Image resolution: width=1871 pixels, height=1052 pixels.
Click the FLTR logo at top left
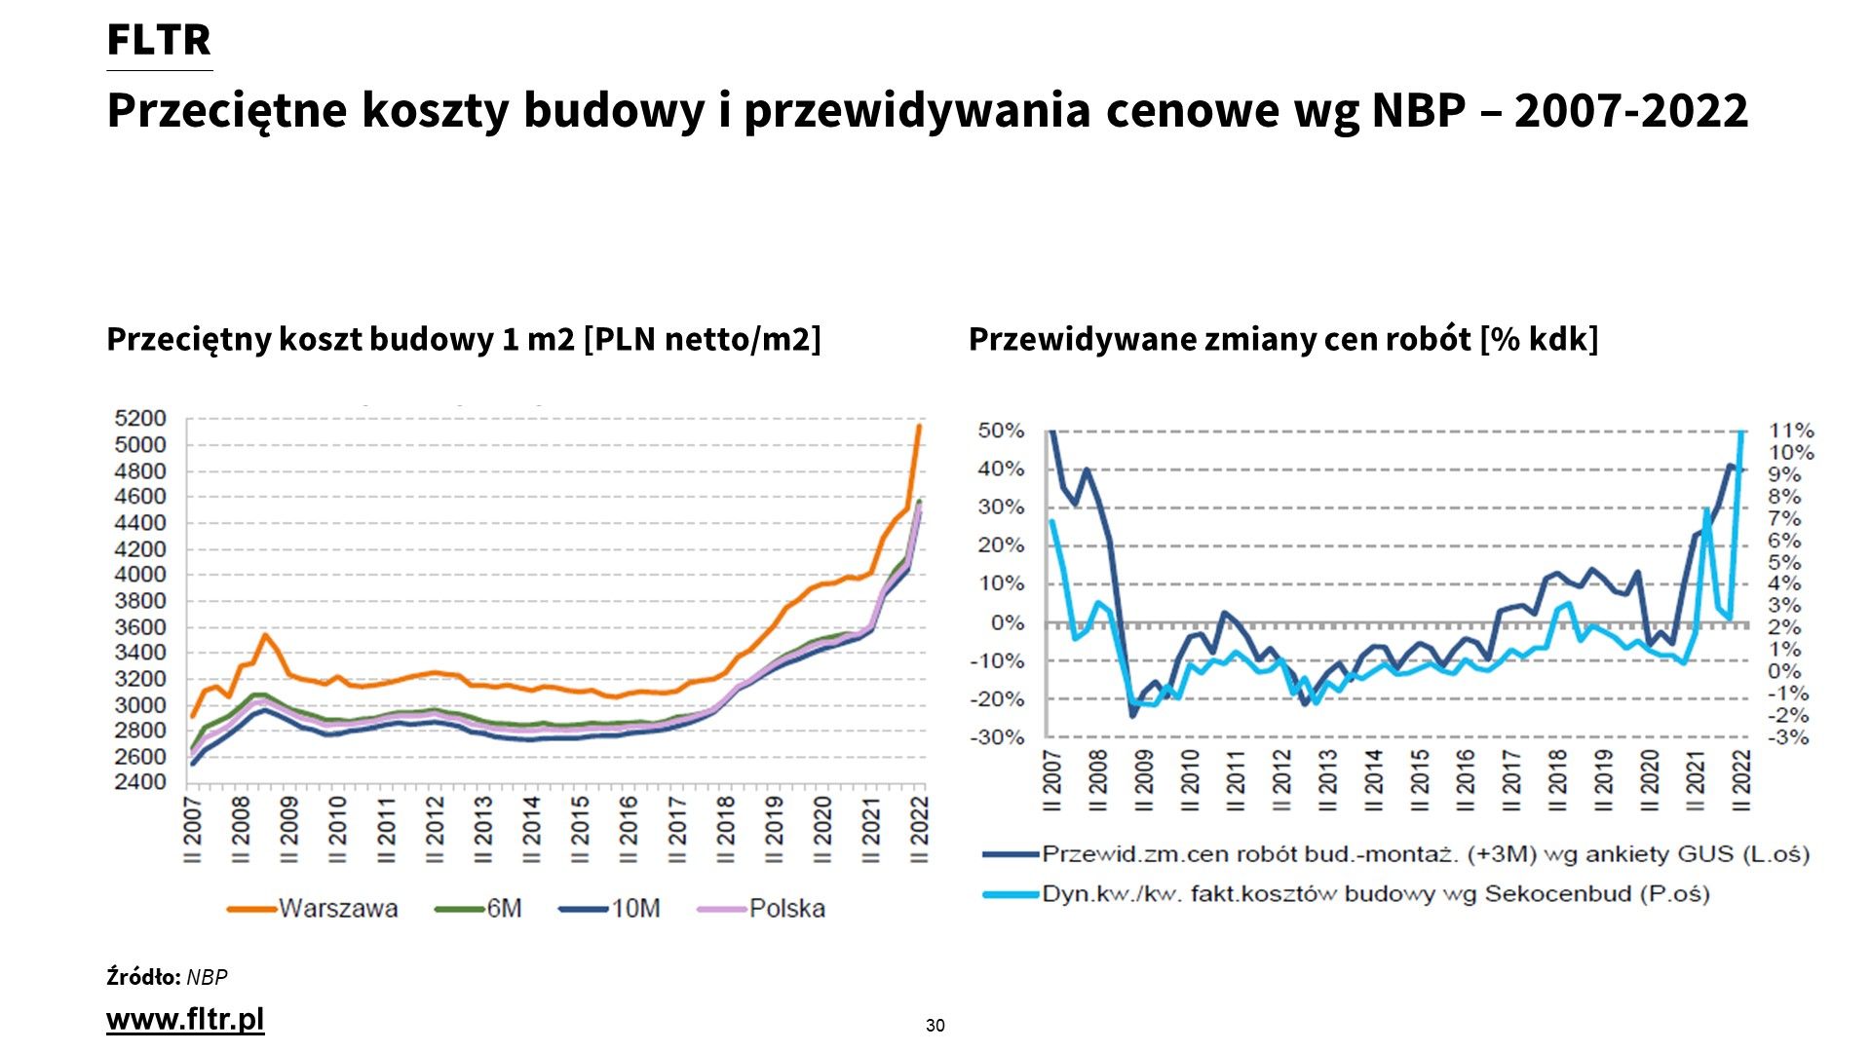pos(159,41)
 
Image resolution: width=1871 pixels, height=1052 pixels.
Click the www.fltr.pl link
pos(185,1020)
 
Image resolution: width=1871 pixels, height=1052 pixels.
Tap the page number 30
pos(935,1025)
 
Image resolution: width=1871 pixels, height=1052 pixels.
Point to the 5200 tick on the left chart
pos(140,419)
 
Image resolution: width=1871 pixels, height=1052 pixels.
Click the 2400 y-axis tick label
pos(140,782)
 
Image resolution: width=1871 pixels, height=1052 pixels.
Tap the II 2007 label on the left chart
pos(193,830)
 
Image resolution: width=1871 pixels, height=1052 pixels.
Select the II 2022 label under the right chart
pos(1740,779)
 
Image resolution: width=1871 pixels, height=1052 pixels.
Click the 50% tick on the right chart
pos(1001,431)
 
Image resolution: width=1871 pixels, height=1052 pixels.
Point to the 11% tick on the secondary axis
pos(1791,431)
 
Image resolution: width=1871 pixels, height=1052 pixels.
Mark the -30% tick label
pos(998,737)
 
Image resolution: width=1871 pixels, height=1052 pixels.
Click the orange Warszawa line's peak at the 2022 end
pos(918,426)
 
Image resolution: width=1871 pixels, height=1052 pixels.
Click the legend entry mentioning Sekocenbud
pos(1375,894)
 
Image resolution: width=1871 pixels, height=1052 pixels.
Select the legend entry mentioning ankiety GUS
pos(1425,854)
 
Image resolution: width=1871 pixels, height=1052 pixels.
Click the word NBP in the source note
pos(207,977)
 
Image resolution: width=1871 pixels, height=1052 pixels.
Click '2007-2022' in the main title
pos(1631,110)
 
